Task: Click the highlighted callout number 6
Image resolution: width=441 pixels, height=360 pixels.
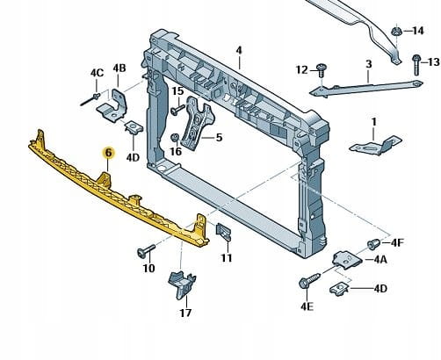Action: coord(108,153)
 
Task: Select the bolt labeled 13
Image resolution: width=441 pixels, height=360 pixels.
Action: coord(416,65)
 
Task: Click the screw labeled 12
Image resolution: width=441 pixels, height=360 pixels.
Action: coord(322,69)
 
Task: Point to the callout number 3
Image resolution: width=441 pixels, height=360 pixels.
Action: coord(369,64)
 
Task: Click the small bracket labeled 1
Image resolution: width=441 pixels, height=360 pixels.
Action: coord(375,146)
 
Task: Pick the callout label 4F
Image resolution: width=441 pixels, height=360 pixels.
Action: coord(397,242)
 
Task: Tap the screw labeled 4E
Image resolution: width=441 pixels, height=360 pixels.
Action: coord(309,280)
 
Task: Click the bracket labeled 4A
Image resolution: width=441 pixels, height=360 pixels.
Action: coord(347,259)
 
